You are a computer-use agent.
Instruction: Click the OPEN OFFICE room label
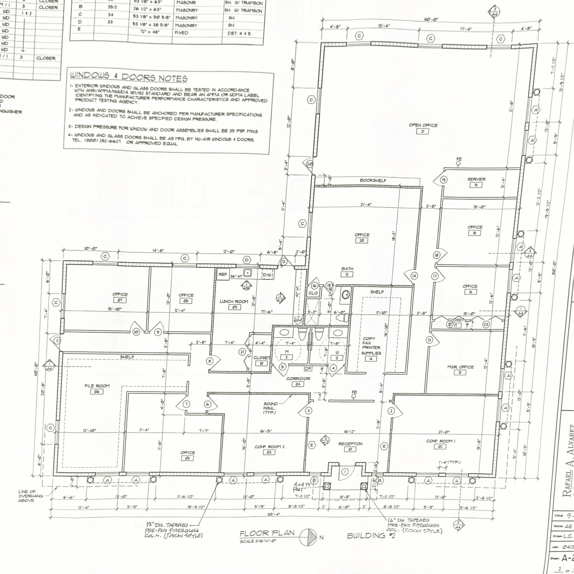tap(423, 125)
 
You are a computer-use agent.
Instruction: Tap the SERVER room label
tap(476, 179)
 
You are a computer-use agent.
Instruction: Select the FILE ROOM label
tap(97, 386)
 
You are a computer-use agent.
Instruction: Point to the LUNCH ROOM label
tap(234, 302)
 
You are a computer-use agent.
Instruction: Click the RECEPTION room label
tap(350, 444)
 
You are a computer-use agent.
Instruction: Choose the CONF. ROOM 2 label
tap(269, 447)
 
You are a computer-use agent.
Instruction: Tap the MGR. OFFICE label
tap(460, 367)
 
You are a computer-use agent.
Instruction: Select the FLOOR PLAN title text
tap(267, 533)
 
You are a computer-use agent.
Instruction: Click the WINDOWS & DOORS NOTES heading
tap(129, 77)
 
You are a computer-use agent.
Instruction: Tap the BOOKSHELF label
tap(373, 180)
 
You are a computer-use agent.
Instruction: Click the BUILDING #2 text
tap(371, 536)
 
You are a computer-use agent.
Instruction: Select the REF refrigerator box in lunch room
tap(223, 274)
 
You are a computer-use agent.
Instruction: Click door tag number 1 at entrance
tap(345, 472)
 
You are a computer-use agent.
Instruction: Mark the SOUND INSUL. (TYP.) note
tap(270, 408)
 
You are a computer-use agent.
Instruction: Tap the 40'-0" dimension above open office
tap(430, 20)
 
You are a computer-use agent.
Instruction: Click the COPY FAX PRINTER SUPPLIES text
tap(371, 346)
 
